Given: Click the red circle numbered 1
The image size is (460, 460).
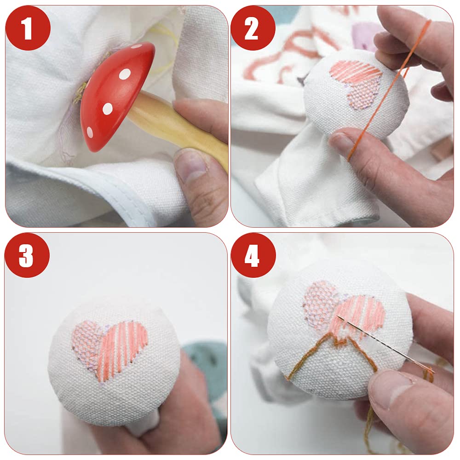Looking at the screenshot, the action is (x=28, y=28).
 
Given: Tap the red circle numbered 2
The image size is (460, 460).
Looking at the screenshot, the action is (x=253, y=28).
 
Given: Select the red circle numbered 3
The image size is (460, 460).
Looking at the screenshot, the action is (x=27, y=255).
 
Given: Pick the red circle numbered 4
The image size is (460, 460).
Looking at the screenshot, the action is (x=253, y=255).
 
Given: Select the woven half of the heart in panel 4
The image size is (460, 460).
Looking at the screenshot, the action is (x=320, y=302).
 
